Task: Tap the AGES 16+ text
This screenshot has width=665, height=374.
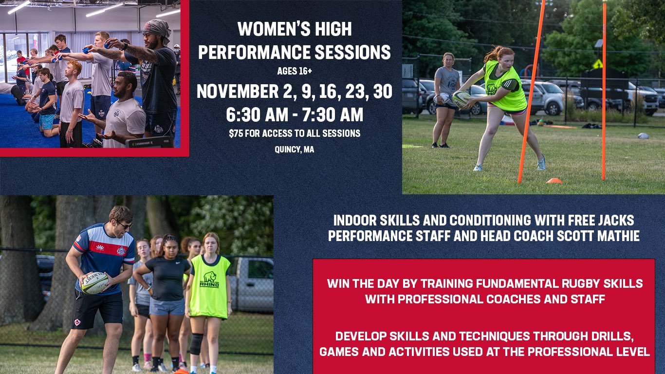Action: click(x=295, y=71)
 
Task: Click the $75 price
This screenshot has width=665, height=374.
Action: click(x=236, y=133)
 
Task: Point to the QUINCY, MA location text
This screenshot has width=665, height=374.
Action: click(x=294, y=149)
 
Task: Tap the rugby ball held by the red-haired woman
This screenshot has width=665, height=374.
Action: click(x=462, y=99)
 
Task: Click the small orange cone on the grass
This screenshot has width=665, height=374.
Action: click(x=554, y=181)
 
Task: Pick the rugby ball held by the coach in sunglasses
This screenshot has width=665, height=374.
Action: click(x=95, y=283)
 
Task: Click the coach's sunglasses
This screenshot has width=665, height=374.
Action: click(x=125, y=225)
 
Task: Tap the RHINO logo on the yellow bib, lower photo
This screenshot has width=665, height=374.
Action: click(x=210, y=280)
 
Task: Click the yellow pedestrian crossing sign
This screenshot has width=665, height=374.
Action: click(x=598, y=63)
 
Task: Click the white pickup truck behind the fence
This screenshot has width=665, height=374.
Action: click(x=251, y=284)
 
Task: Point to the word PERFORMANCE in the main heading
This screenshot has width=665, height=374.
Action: click(x=254, y=52)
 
